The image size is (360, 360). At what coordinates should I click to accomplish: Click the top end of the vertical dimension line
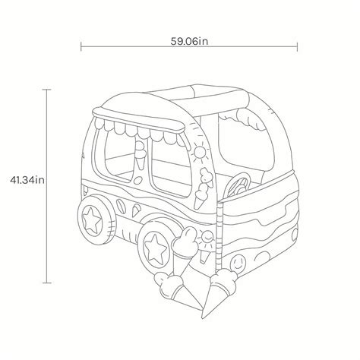[48, 90]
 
